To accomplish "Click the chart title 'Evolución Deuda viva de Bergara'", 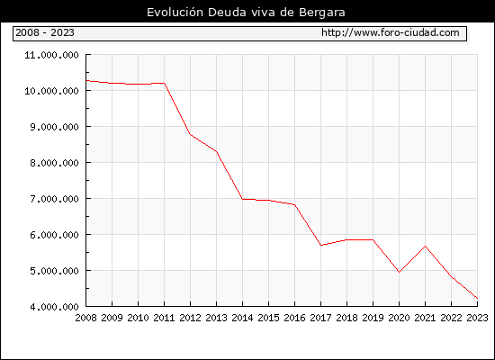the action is point(246,13).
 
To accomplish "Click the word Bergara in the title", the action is point(322,13).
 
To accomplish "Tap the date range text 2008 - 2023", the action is point(45,32).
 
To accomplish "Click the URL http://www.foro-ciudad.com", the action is point(391,32).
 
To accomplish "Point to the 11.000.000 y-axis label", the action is point(52,55).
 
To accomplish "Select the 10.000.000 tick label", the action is point(52,91).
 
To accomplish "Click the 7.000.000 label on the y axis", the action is point(54,199).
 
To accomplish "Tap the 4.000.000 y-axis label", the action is point(54,307).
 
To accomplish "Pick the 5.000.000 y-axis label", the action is point(54,271).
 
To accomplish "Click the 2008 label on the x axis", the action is point(85,318).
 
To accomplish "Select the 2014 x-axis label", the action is point(242,318).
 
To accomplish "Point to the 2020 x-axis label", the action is point(399,318).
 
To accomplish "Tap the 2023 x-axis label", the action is point(477,318).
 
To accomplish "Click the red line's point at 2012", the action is point(191,134).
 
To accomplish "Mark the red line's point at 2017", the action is point(320,245).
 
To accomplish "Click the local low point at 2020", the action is point(399,272).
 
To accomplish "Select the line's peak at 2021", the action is point(425,246).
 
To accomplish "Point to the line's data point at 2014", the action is point(242,199).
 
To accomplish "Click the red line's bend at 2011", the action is point(164,84).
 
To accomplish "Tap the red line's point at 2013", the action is point(217,152).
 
